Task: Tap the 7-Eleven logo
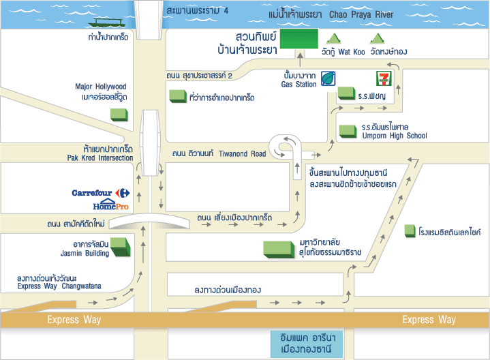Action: pos(381,76)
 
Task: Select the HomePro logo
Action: pos(110,205)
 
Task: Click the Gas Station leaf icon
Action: pos(329,78)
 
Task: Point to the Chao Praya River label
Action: pos(361,14)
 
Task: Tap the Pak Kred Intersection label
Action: pos(101,158)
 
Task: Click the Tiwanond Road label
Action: pos(242,153)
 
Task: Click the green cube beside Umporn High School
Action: pos(348,130)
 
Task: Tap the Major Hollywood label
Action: pos(101,87)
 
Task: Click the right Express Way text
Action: pos(429,320)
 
